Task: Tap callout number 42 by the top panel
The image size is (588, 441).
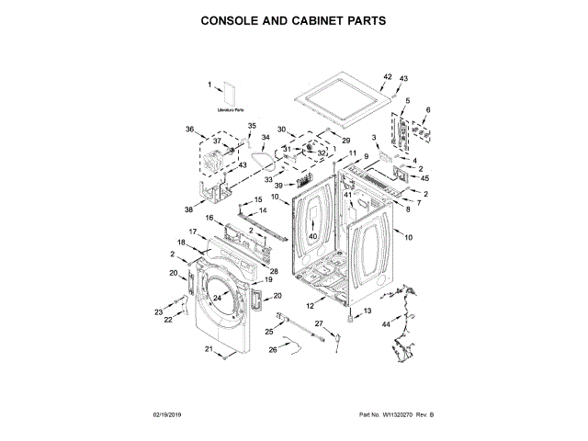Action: pyautogui.click(x=387, y=77)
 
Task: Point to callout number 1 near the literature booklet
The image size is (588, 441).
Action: pyautogui.click(x=209, y=85)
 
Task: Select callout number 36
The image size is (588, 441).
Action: pyautogui.click(x=189, y=129)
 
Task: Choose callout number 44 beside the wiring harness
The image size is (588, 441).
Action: pyautogui.click(x=386, y=324)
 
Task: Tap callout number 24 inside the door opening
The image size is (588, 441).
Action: pyautogui.click(x=218, y=298)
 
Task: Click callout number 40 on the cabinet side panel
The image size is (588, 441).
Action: pyautogui.click(x=311, y=236)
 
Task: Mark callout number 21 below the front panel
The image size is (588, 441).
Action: pyautogui.click(x=208, y=350)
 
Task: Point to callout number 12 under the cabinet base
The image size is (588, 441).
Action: pyautogui.click(x=310, y=304)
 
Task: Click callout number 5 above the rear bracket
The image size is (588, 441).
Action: pyautogui.click(x=407, y=100)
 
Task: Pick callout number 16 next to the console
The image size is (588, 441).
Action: pyautogui.click(x=209, y=218)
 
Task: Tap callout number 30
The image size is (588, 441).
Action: pyautogui.click(x=283, y=130)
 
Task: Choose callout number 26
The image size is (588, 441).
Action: pyautogui.click(x=272, y=348)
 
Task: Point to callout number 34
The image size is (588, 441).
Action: pyautogui.click(x=266, y=140)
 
